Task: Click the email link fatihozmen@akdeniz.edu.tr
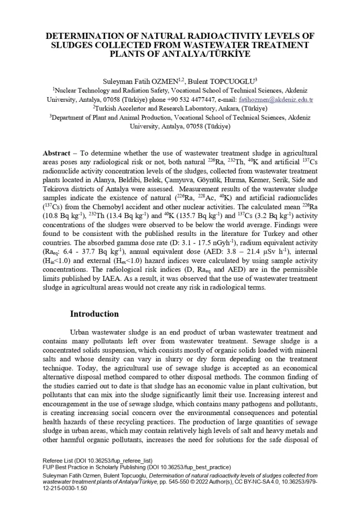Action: coord(276,99)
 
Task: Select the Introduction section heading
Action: coord(94,314)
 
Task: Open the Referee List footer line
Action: coord(97,461)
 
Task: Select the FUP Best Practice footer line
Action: coord(136,467)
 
